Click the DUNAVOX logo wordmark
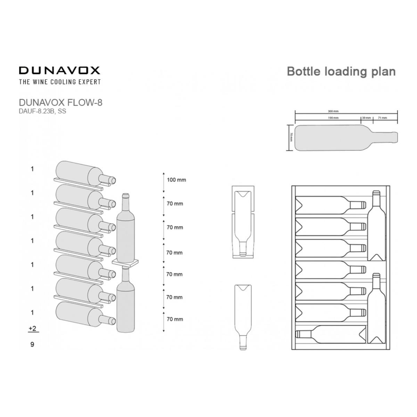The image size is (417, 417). pyautogui.click(x=59, y=71)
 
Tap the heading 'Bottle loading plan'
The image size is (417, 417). pyautogui.click(x=341, y=71)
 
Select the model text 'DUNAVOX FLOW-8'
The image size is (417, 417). pyautogui.click(x=60, y=103)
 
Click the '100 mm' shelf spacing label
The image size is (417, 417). pyautogui.click(x=176, y=180)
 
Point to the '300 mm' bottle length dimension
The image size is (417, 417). pyautogui.click(x=333, y=111)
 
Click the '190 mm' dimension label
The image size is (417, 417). pyautogui.click(x=333, y=118)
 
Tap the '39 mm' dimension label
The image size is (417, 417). pyautogui.click(x=367, y=118)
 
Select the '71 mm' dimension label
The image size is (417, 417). pyautogui.click(x=382, y=118)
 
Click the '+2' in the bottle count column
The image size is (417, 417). pyautogui.click(x=33, y=328)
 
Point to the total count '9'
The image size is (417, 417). pyautogui.click(x=32, y=345)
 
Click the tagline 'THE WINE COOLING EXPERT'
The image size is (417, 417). pyautogui.click(x=59, y=82)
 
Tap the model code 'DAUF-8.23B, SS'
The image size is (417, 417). pyautogui.click(x=42, y=111)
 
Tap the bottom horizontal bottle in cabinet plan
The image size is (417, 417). pyautogui.click(x=331, y=334)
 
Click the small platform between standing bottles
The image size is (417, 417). pyautogui.click(x=125, y=262)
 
